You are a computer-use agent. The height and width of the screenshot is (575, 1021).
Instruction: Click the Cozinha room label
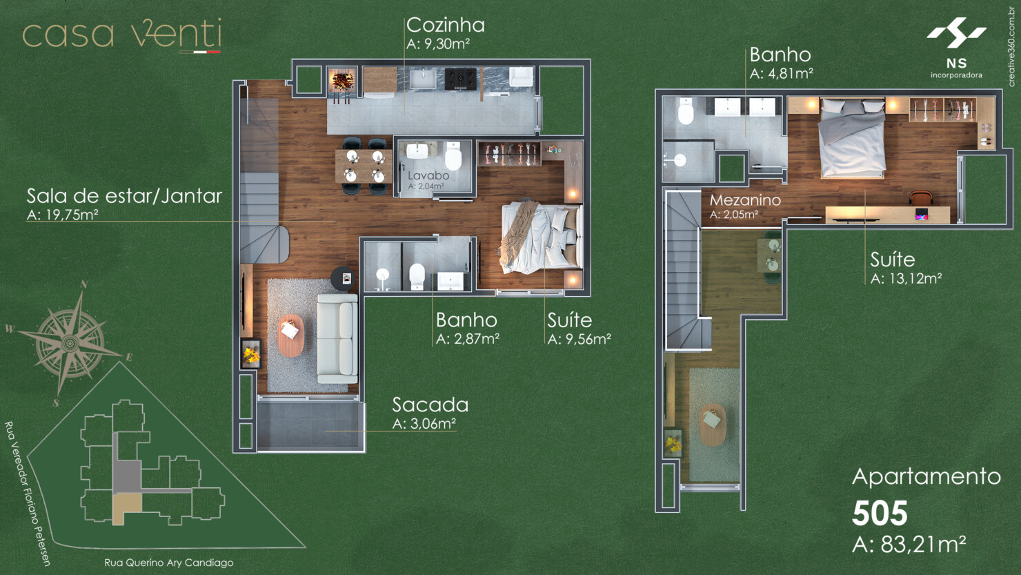pyautogui.click(x=446, y=26)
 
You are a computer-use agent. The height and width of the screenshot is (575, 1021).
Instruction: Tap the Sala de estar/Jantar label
pyautogui.click(x=124, y=196)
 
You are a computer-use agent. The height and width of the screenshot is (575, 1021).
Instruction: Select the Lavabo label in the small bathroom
pyautogui.click(x=428, y=175)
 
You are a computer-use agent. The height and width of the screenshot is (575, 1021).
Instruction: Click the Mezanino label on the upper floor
pyautogui.click(x=745, y=200)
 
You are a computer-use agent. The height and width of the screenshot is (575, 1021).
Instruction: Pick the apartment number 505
pyautogui.click(x=880, y=514)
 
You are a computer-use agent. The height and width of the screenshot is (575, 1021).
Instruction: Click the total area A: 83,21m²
pyautogui.click(x=909, y=544)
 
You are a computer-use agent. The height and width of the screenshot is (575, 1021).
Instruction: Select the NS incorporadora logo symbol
pyautogui.click(x=956, y=33)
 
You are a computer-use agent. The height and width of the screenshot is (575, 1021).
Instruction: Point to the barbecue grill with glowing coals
pyautogui.click(x=343, y=81)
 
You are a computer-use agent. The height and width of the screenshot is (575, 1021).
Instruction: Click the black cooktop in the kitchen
pyautogui.click(x=460, y=79)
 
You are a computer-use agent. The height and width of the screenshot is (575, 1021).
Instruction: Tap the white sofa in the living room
pyautogui.click(x=338, y=338)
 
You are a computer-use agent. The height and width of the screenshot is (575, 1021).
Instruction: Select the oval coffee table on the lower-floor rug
pyautogui.click(x=291, y=335)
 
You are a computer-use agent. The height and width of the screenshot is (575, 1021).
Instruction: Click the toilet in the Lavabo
pyautogui.click(x=453, y=157)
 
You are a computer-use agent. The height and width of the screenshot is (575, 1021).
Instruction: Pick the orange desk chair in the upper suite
pyautogui.click(x=921, y=197)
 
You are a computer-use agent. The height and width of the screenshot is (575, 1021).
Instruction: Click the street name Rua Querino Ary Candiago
pyautogui.click(x=168, y=563)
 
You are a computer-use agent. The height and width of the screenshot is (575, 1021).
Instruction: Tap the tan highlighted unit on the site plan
pyautogui.click(x=125, y=508)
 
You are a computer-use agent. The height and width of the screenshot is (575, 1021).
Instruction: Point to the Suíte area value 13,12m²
pyautogui.click(x=906, y=278)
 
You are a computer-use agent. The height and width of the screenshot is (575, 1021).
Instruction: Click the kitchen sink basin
pyautogui.click(x=423, y=79)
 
